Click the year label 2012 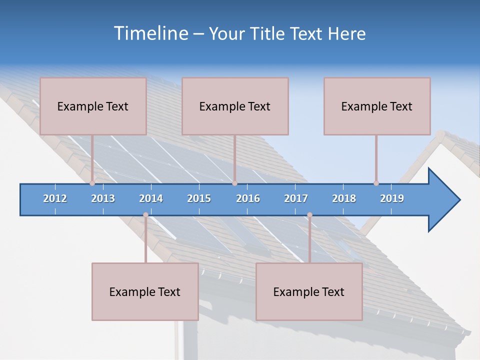click(x=55, y=198)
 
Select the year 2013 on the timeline click(x=103, y=198)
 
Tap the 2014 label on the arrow click(x=151, y=198)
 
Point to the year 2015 click(x=199, y=198)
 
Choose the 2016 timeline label click(x=248, y=198)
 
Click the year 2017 click(x=296, y=198)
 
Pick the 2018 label click(x=344, y=198)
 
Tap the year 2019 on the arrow click(x=392, y=198)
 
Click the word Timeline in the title click(x=150, y=33)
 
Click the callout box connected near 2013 click(x=93, y=106)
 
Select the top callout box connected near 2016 click(x=235, y=106)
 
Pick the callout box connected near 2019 click(x=377, y=106)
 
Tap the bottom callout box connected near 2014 click(x=145, y=291)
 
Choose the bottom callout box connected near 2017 click(x=309, y=291)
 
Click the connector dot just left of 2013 click(x=92, y=183)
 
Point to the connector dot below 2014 click(x=145, y=215)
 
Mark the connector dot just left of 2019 click(x=376, y=183)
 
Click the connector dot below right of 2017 click(x=309, y=215)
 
